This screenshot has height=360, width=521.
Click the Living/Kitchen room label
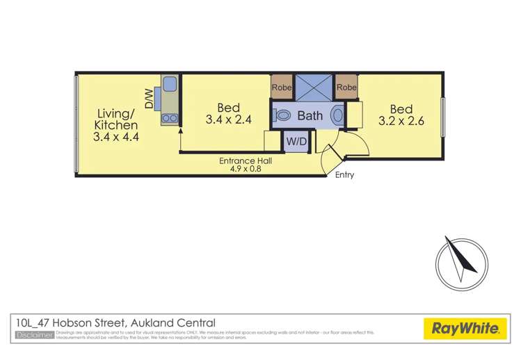[115, 119]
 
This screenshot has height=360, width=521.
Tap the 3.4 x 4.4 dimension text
[116, 137]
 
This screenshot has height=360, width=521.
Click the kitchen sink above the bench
[169, 87]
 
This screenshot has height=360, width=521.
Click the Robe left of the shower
[282, 88]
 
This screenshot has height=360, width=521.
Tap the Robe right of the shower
[346, 88]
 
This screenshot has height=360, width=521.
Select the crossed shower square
[314, 88]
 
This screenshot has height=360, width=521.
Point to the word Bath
[310, 115]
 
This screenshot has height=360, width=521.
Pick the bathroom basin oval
[338, 115]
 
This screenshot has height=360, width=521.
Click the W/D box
[296, 141]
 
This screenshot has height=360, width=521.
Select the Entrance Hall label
[246, 161]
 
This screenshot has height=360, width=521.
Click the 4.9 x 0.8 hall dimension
[246, 169]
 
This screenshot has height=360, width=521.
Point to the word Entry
[344, 175]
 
